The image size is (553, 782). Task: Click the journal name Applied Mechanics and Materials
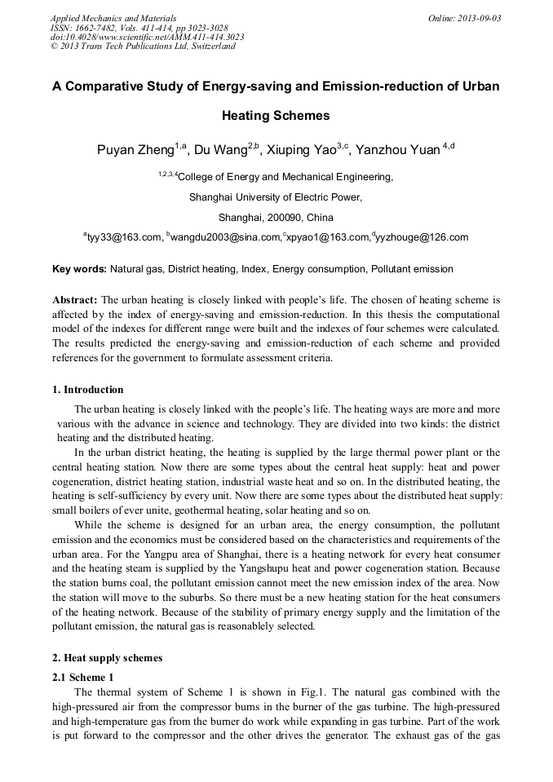[x=113, y=17]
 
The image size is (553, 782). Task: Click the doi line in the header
[x=148, y=37]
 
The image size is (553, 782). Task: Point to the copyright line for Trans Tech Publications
[x=143, y=46]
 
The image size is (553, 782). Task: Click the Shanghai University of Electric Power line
[x=276, y=197]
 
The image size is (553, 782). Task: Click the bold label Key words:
[x=79, y=269]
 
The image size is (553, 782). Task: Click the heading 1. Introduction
[x=88, y=389]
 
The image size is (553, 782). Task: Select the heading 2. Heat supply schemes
[x=107, y=657]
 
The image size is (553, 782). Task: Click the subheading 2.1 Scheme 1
[x=84, y=677]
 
